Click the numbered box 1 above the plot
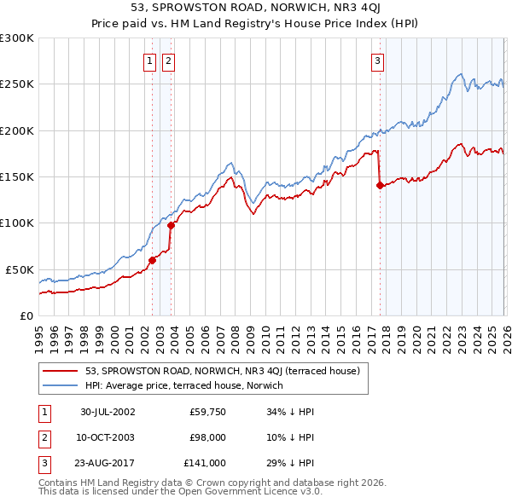[x=150, y=61]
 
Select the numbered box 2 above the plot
[x=168, y=61]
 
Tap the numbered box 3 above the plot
[x=376, y=61]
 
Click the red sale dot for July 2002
[x=153, y=260]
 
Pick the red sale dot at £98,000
[x=171, y=225]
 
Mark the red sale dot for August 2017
[x=379, y=185]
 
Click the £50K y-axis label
[x=20, y=269]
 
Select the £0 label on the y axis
[x=26, y=315]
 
